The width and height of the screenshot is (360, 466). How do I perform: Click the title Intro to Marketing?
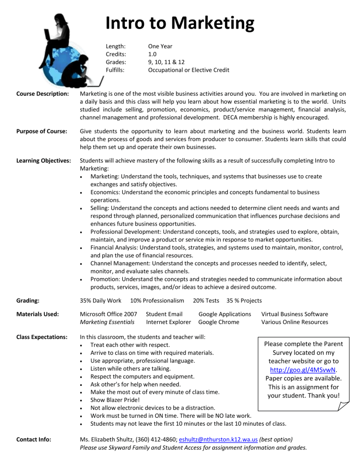(180, 23)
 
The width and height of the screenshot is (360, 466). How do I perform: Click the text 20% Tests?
(206, 300)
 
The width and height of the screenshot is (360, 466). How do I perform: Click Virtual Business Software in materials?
(294, 314)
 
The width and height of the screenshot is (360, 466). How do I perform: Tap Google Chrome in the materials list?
(218, 322)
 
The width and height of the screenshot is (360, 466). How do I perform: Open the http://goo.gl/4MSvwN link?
(300, 369)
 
